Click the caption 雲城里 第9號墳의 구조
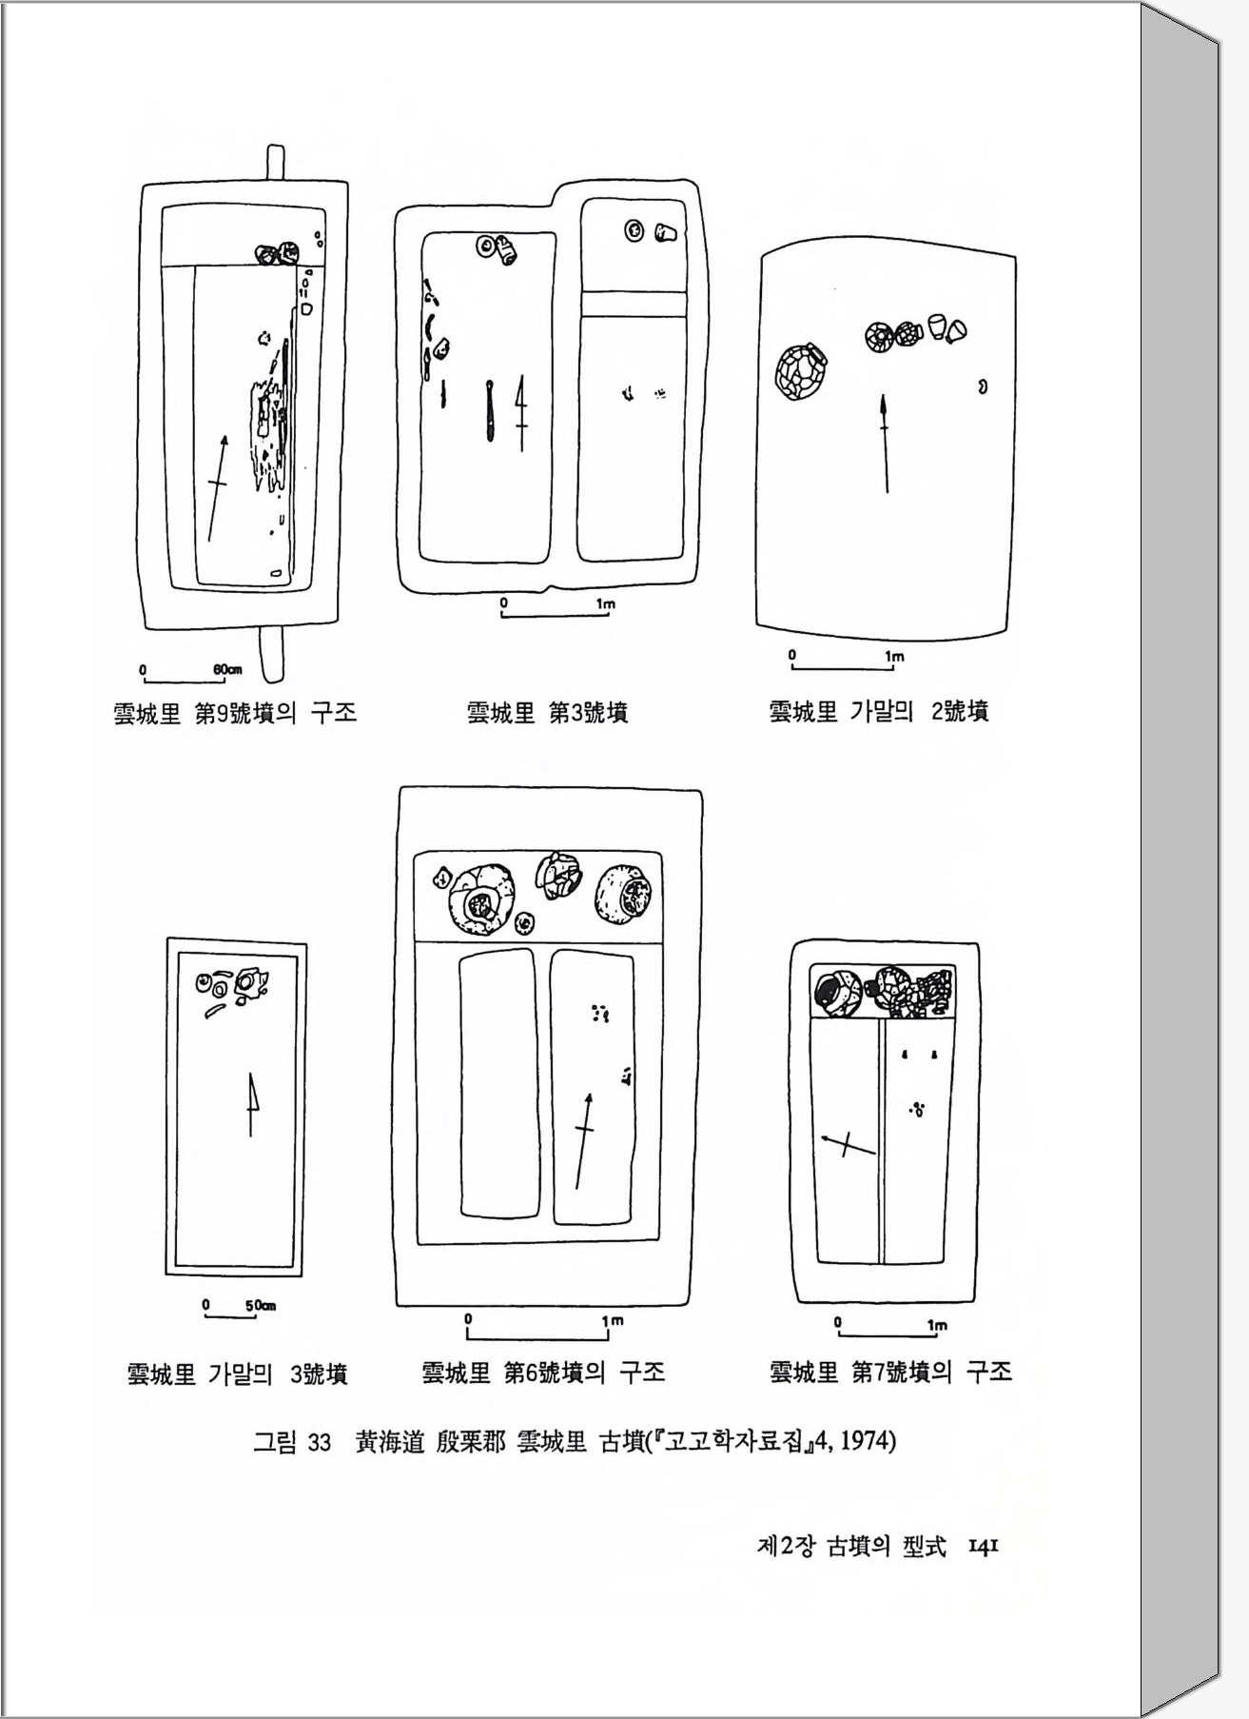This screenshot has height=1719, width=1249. click(235, 713)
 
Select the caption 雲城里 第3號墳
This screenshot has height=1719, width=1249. click(547, 713)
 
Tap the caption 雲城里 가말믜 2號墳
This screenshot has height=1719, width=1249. click(879, 711)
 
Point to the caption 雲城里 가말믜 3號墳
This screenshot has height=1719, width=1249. click(238, 1373)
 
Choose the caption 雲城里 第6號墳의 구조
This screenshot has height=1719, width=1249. click(543, 1372)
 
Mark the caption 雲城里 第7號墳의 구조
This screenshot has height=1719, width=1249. click(891, 1372)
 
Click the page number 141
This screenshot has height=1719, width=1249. click(982, 1548)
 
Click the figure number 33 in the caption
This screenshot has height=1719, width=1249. click(319, 1442)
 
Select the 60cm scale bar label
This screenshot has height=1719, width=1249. click(227, 669)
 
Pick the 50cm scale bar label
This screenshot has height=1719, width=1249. click(261, 1305)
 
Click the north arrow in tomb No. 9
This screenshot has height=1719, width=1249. click(217, 487)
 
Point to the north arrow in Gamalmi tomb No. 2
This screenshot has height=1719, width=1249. click(886, 443)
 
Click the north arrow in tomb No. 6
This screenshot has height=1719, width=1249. click(584, 1140)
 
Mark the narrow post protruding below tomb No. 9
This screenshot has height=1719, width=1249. click(274, 654)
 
